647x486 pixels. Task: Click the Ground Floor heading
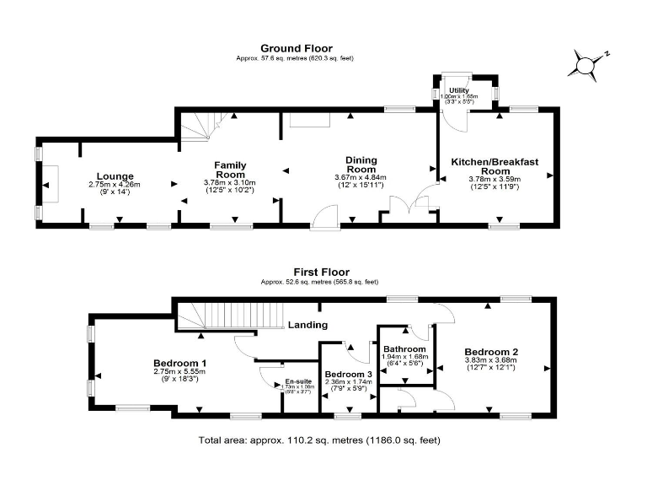pos(296,48)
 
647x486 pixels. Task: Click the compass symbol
pos(586,63)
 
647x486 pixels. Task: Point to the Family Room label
pos(229,169)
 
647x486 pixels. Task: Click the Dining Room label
pos(360,165)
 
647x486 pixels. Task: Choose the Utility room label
pos(458,89)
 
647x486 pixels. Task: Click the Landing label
pos(307,324)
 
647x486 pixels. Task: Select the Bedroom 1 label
pos(180,363)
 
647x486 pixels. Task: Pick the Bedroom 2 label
pos(490,351)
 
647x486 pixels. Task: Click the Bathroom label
pos(404,349)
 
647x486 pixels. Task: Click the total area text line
pos(319,440)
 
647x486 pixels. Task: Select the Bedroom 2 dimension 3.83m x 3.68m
pos(490,360)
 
